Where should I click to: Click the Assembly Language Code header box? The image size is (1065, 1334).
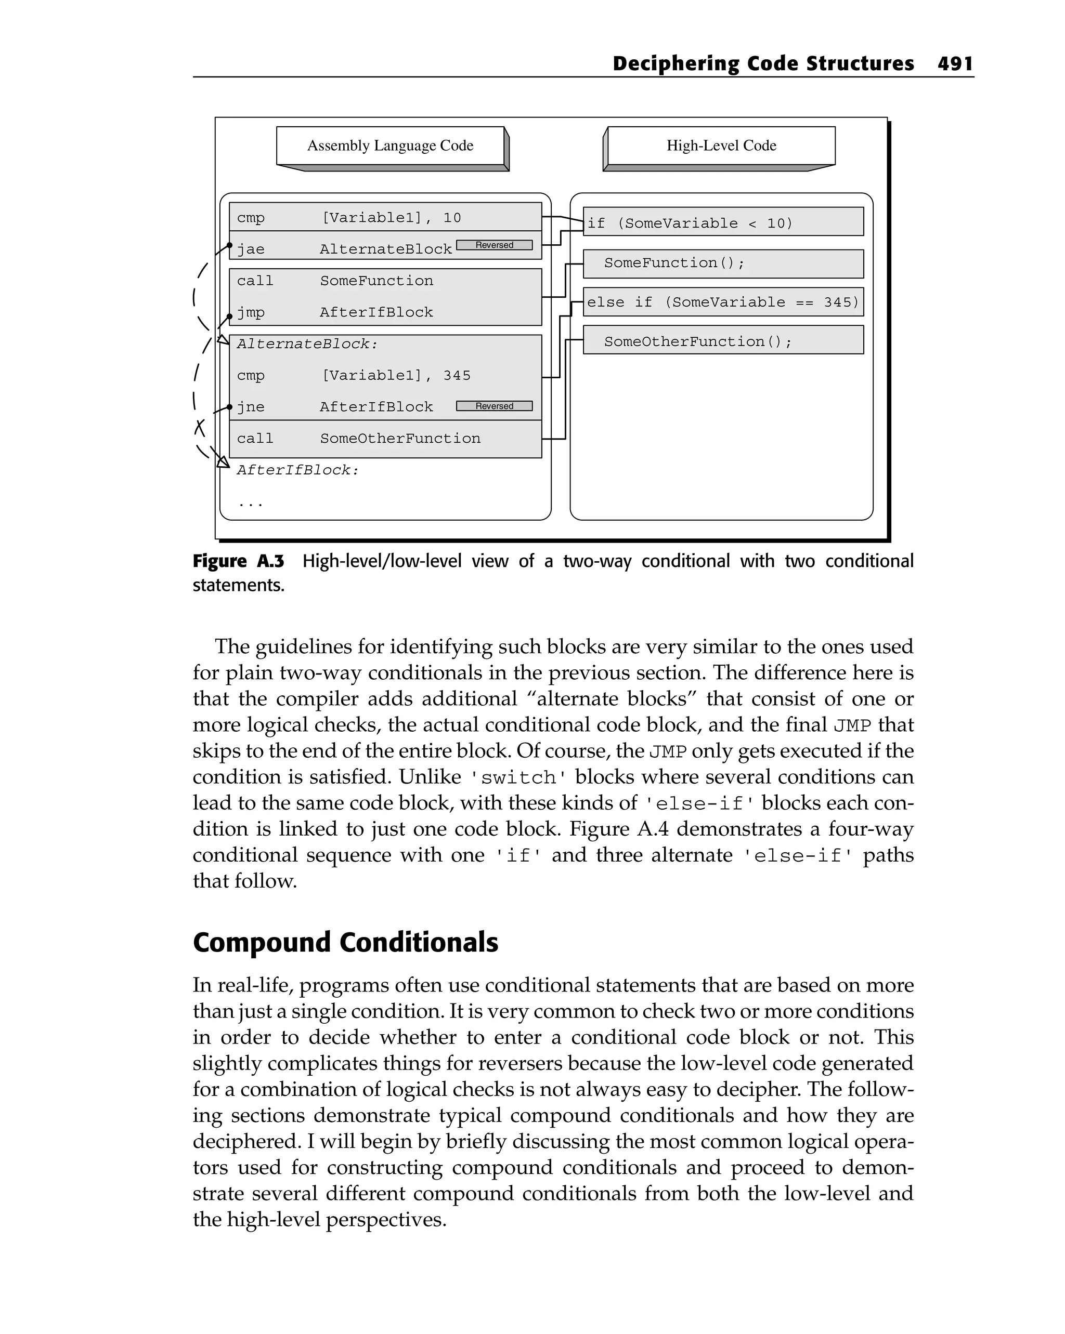tap(390, 146)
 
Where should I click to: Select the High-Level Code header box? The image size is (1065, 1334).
tap(721, 146)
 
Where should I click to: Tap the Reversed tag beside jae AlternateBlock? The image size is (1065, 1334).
tap(494, 245)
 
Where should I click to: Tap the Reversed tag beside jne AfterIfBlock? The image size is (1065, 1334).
tap(494, 406)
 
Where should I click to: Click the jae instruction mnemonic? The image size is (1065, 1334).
tap(250, 249)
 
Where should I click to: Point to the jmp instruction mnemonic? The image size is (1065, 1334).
tap(250, 312)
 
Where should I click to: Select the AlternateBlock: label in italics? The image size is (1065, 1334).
tap(307, 344)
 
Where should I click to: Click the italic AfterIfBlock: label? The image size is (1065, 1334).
tap(298, 470)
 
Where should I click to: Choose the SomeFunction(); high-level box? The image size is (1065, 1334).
tap(723, 263)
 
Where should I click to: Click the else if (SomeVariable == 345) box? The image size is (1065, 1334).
tap(723, 302)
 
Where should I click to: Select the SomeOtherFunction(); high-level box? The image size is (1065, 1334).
tap(723, 341)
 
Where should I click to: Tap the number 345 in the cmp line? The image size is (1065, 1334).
tap(457, 376)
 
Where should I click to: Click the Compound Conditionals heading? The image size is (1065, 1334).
tap(345, 942)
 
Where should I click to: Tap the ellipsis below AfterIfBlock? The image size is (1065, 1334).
tap(251, 504)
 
